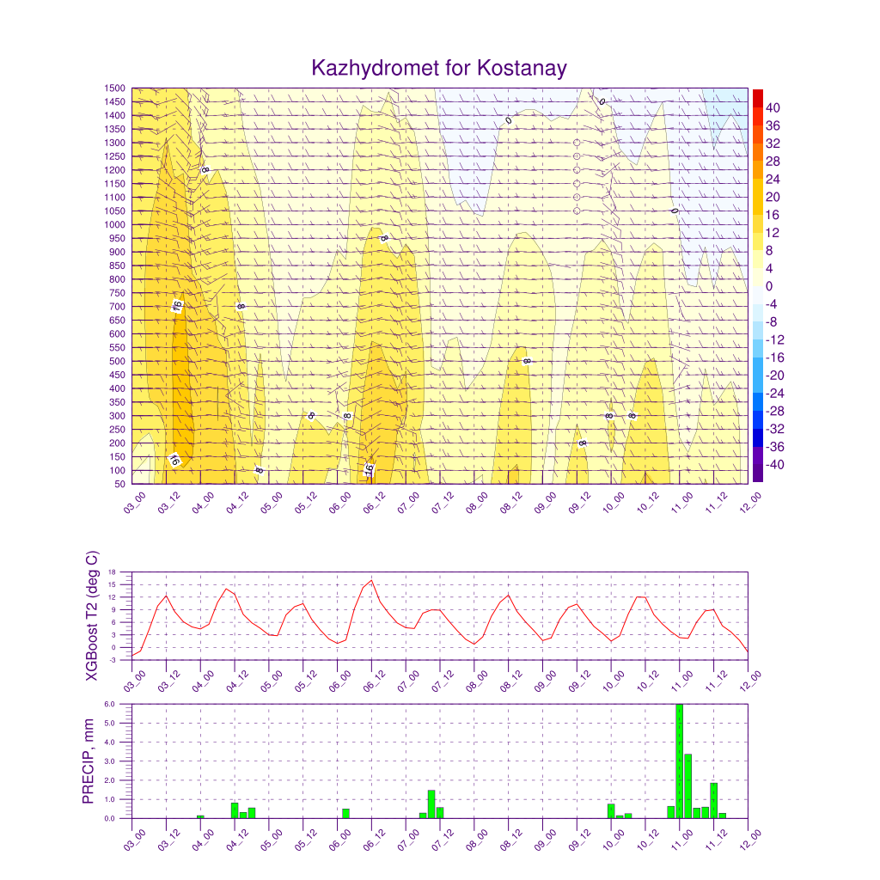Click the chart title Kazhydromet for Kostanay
(439, 68)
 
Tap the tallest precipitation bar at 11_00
(680, 761)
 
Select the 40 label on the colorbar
(773, 107)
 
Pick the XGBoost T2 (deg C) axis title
(92, 615)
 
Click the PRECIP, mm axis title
(89, 761)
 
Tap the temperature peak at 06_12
(371, 580)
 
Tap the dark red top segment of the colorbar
(758, 98)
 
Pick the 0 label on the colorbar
(769, 286)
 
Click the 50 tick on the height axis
(120, 484)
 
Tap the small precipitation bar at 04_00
(200, 816)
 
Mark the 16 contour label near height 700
(177, 305)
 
